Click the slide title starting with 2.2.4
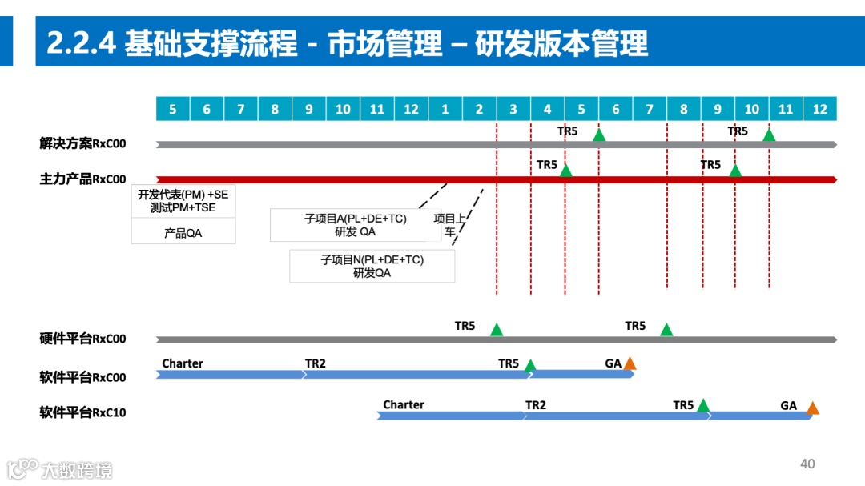click(347, 42)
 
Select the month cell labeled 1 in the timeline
click(445, 109)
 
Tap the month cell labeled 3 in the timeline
click(513, 109)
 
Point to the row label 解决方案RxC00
click(82, 144)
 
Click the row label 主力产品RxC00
click(82, 179)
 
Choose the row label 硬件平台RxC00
click(82, 339)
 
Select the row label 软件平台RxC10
click(82, 413)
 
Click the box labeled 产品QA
click(183, 233)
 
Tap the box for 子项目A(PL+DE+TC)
click(356, 225)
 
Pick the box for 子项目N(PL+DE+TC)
click(372, 266)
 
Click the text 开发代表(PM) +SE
click(183, 195)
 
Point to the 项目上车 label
click(449, 225)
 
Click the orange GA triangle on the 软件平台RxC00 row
click(630, 364)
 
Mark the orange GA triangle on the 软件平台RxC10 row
click(812, 408)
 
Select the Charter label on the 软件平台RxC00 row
click(183, 363)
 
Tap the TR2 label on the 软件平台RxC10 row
click(536, 405)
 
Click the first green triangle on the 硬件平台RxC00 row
click(497, 329)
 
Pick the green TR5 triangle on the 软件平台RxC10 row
click(703, 406)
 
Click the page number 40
click(807, 464)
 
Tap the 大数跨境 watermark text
click(77, 470)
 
